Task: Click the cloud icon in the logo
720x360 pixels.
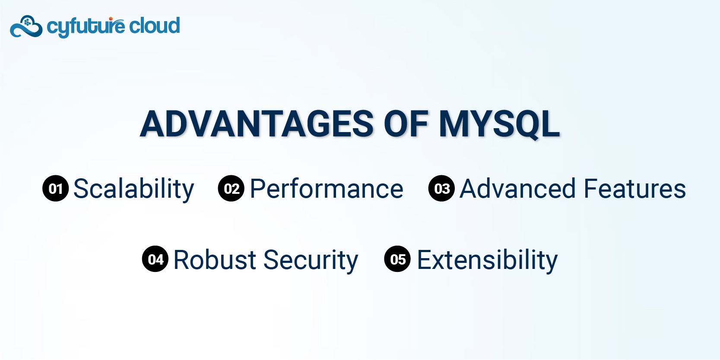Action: [x=26, y=27]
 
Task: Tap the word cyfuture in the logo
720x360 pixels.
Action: [x=86, y=27]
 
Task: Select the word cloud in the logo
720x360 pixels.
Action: [x=154, y=26]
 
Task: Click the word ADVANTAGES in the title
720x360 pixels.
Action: [x=257, y=124]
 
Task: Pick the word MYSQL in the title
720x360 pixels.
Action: [x=499, y=125]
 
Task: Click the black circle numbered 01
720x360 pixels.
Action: [x=56, y=189]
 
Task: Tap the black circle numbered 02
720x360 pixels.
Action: [x=231, y=189]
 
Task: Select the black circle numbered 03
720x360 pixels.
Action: [x=442, y=189]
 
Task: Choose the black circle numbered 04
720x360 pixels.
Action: [x=155, y=259]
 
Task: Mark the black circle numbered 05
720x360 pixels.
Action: [x=398, y=259]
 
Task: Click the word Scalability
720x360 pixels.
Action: [x=134, y=189]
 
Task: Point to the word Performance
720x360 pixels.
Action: [x=327, y=189]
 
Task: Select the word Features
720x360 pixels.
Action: [x=635, y=189]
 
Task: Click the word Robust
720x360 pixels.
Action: [x=215, y=259]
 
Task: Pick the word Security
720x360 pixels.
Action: [x=311, y=260]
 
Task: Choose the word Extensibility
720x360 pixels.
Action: [x=487, y=260]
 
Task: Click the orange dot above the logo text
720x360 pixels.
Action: [x=111, y=19]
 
